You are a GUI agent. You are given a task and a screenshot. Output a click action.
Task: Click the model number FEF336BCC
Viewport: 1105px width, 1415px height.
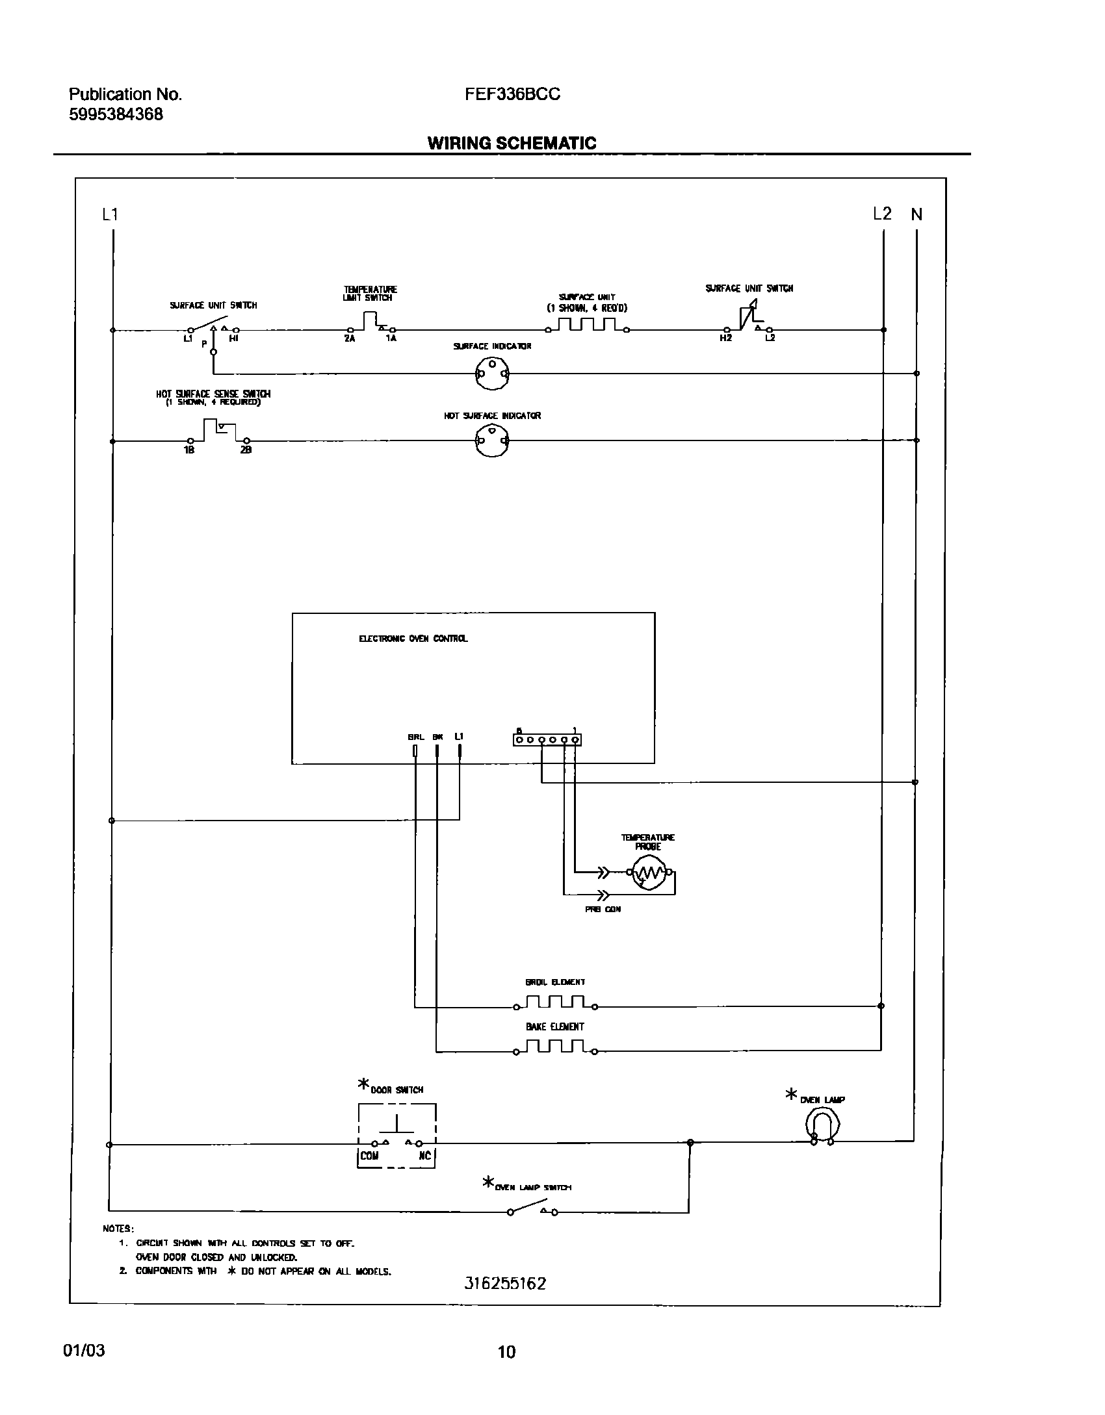[512, 94]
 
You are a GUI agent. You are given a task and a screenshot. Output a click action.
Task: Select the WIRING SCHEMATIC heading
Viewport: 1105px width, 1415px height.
[512, 143]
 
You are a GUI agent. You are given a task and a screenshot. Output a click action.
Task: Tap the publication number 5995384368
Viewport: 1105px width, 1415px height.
[116, 115]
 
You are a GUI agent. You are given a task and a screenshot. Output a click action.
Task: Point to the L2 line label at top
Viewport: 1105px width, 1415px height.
[882, 214]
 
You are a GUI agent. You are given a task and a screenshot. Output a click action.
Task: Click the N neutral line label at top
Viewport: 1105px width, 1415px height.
[916, 214]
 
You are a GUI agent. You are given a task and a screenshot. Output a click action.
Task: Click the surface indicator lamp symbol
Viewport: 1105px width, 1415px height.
[492, 374]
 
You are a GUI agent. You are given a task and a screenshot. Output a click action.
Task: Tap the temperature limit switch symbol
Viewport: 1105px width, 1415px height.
[370, 322]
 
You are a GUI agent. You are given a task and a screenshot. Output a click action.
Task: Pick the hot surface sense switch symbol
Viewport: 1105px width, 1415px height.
[218, 431]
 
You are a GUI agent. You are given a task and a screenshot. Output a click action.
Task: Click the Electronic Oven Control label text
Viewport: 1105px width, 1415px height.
[413, 639]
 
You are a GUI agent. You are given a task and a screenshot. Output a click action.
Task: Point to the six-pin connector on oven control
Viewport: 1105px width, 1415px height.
[547, 739]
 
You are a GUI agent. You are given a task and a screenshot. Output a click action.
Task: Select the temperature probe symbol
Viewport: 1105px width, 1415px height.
[647, 873]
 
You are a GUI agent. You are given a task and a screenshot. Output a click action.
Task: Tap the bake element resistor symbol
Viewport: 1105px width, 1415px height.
[555, 1047]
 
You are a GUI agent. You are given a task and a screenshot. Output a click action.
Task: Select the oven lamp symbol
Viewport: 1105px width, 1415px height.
[822, 1125]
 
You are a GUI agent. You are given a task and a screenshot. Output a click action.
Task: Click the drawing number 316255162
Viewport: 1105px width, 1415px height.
[505, 1283]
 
